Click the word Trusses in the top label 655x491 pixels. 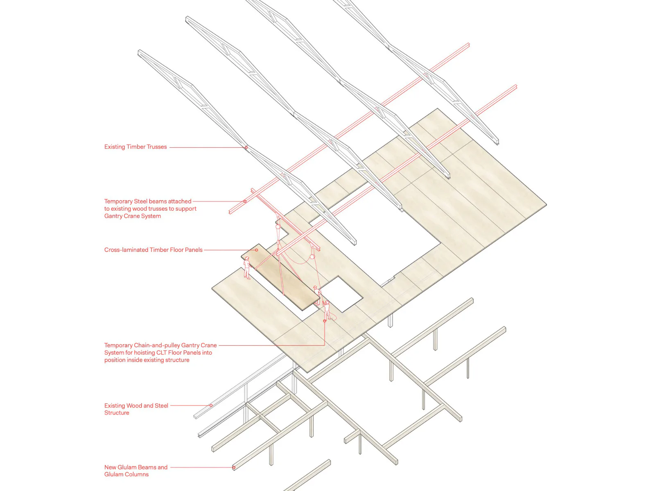click(156, 146)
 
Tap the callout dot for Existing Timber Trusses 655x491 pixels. click(246, 147)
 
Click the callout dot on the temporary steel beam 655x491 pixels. click(245, 201)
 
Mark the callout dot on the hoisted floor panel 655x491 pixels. click(256, 250)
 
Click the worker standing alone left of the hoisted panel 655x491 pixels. click(247, 268)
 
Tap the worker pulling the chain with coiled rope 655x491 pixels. click(327, 310)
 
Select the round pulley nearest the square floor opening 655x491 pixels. click(312, 257)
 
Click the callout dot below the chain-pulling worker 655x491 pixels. click(325, 321)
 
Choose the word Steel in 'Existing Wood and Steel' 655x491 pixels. click(161, 405)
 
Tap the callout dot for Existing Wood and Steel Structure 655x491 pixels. click(211, 405)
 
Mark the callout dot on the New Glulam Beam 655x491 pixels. click(234, 467)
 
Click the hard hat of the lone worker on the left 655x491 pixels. click(247, 258)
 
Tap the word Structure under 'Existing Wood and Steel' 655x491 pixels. click(117, 412)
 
